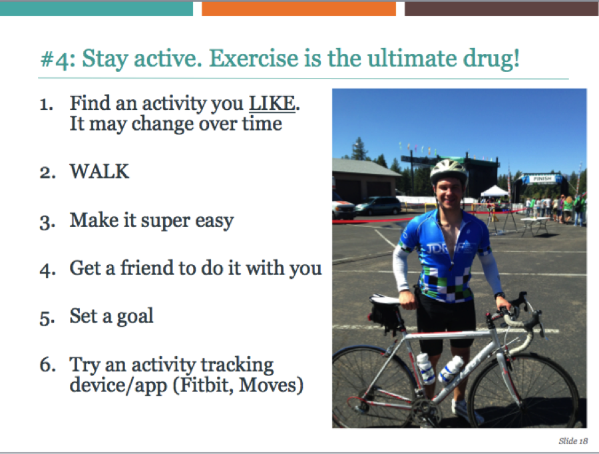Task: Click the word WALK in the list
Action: [x=99, y=171]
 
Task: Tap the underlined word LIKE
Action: [x=272, y=103]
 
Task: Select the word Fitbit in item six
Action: [x=207, y=385]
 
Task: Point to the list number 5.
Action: [x=47, y=317]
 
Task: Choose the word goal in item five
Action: [x=135, y=316]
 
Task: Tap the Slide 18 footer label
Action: [x=573, y=441]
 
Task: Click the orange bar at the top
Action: [x=299, y=9]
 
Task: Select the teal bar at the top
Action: [x=97, y=9]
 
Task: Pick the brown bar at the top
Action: [x=502, y=9]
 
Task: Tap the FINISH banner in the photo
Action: [x=542, y=178]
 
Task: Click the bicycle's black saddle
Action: [x=384, y=300]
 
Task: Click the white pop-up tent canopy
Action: [x=495, y=191]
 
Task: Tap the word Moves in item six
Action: [x=271, y=385]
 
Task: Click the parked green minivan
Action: [x=378, y=206]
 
